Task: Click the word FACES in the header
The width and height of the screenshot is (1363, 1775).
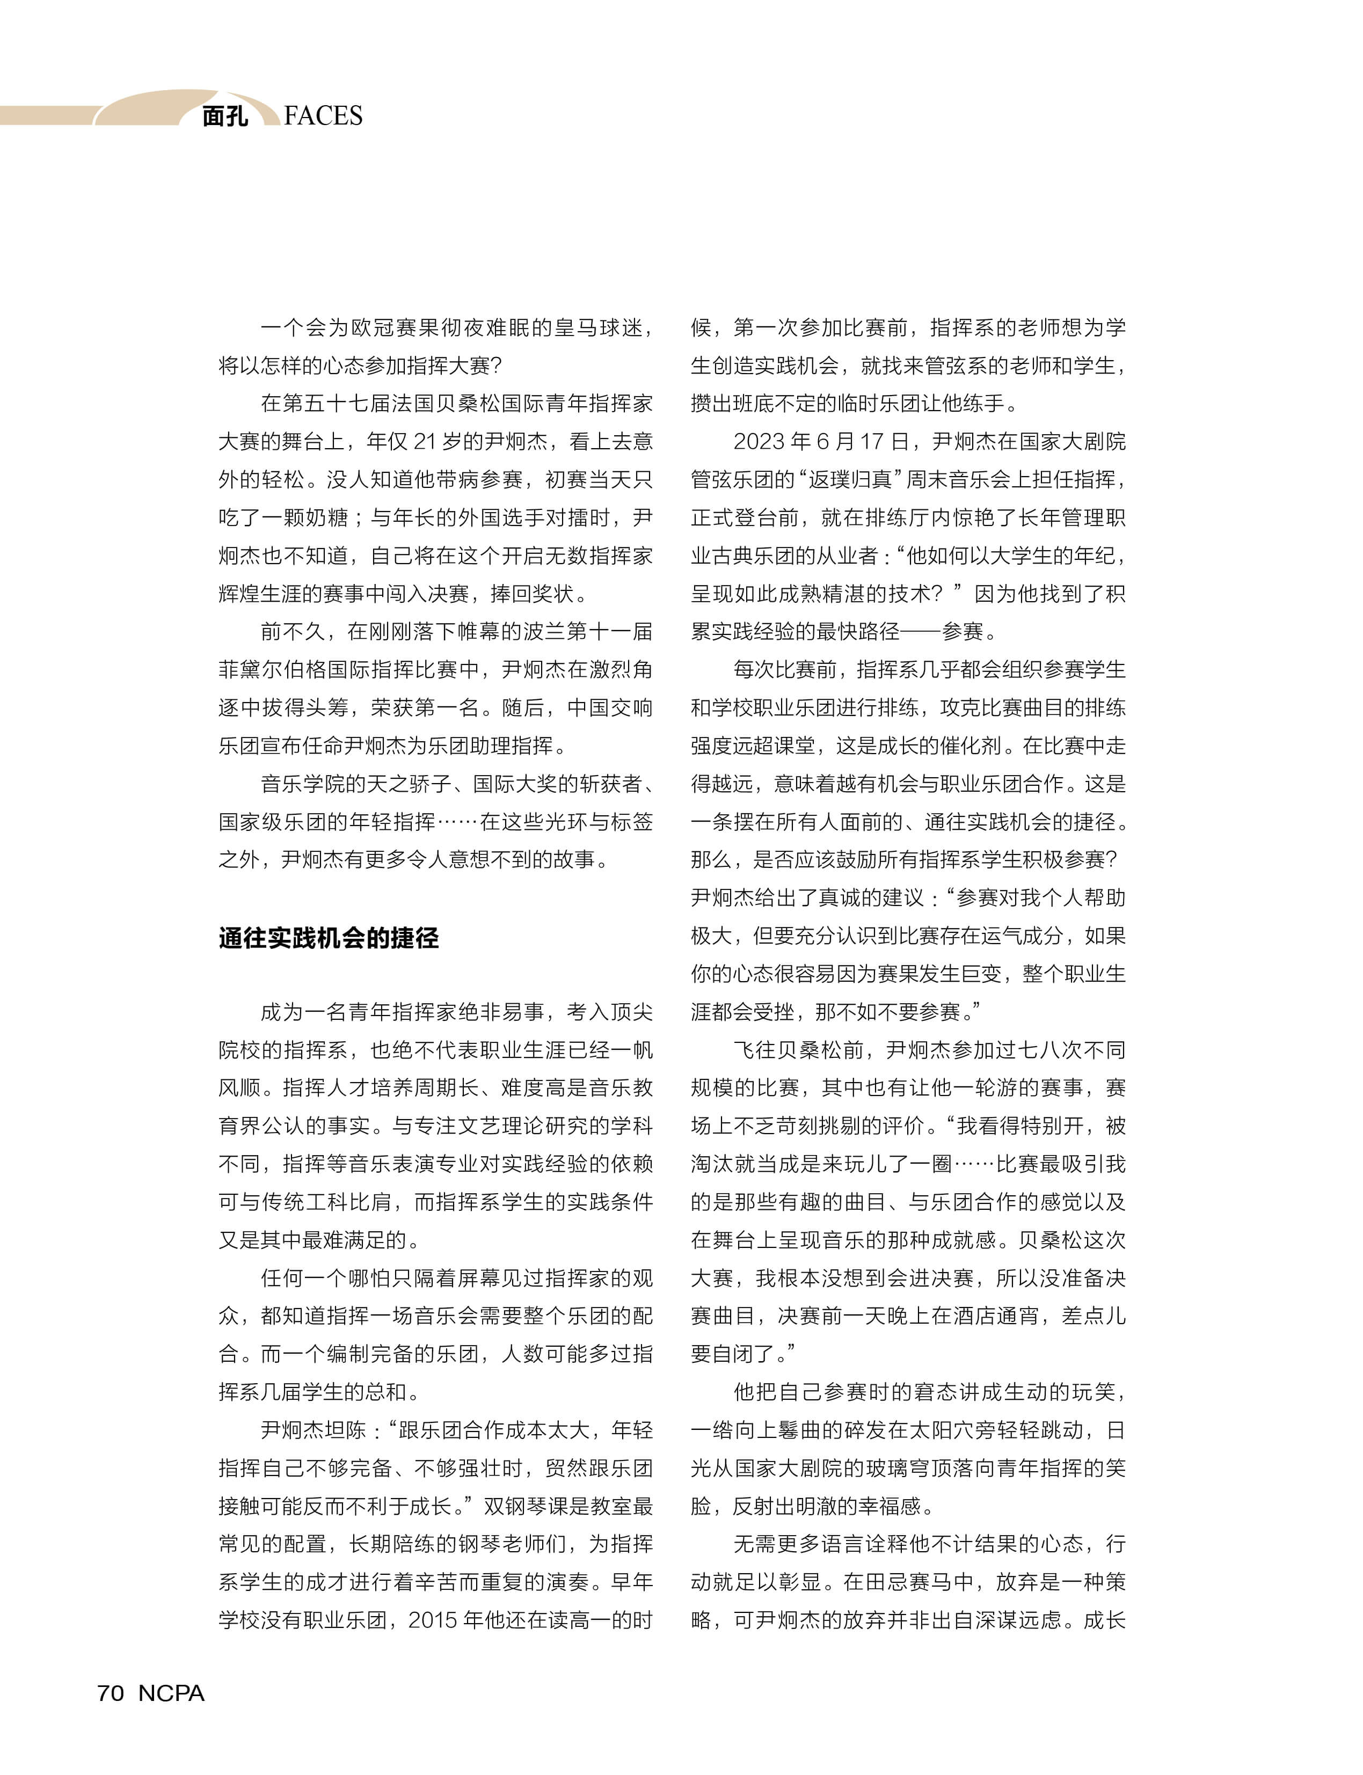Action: (323, 116)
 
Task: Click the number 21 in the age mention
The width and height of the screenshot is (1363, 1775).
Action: (425, 441)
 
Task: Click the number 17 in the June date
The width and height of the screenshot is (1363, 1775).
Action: (871, 441)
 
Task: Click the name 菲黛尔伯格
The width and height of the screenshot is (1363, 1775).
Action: (272, 669)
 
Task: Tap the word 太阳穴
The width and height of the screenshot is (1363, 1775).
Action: (942, 1430)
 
